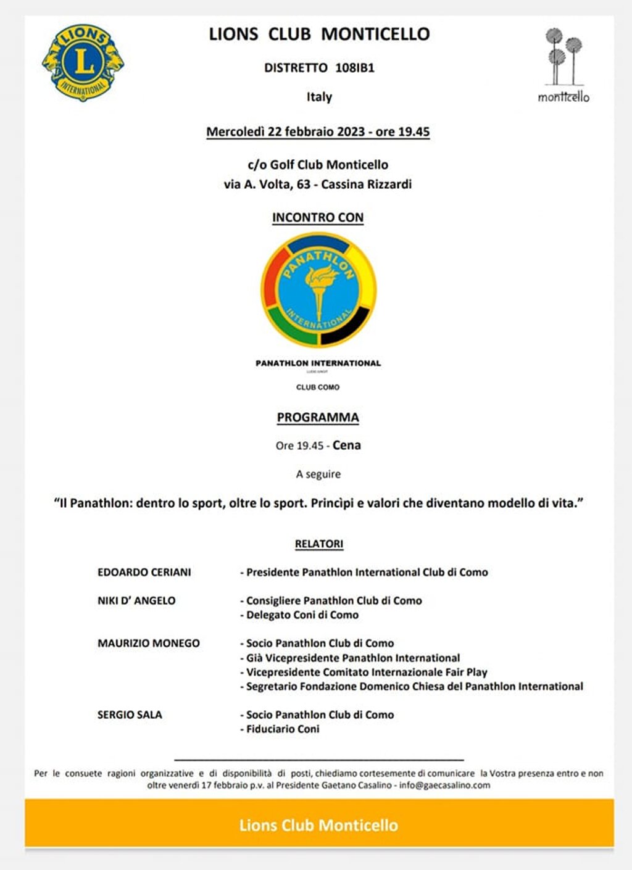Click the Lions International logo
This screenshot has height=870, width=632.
pyautogui.click(x=83, y=62)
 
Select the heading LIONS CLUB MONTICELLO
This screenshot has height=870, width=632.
pyautogui.click(x=319, y=34)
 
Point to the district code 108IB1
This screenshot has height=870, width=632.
pyautogui.click(x=355, y=68)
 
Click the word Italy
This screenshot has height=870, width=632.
pyautogui.click(x=319, y=97)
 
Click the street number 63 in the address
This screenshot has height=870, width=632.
pyautogui.click(x=303, y=184)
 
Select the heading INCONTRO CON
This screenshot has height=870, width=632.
pyautogui.click(x=318, y=217)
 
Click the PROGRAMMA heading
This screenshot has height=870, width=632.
pyautogui.click(x=318, y=417)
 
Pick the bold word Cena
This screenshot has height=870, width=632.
pyautogui.click(x=347, y=445)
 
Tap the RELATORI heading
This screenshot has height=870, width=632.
pyautogui.click(x=319, y=544)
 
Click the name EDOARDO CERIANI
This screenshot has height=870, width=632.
pyautogui.click(x=144, y=572)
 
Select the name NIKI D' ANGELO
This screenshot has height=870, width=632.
pyautogui.click(x=136, y=600)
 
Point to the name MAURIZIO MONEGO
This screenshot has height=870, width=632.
pyautogui.click(x=149, y=643)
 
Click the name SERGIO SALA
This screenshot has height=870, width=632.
pyautogui.click(x=130, y=715)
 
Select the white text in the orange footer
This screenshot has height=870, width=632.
pyautogui.click(x=318, y=825)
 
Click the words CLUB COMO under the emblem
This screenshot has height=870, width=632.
pyautogui.click(x=318, y=387)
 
